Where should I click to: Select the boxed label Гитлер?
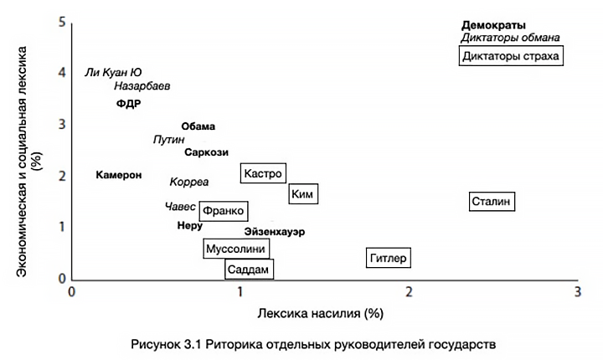(x=388, y=258)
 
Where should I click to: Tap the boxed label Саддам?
(x=249, y=270)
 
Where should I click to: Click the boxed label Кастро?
(x=262, y=173)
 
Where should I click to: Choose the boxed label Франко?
(x=224, y=211)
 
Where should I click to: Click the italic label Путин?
(x=169, y=140)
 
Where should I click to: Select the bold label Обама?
(x=198, y=126)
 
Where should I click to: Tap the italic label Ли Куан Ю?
(x=113, y=73)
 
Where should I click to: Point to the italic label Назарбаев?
(x=142, y=86)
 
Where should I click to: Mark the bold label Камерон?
(x=119, y=175)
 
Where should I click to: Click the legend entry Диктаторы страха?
(x=511, y=56)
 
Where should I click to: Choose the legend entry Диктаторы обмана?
(x=510, y=39)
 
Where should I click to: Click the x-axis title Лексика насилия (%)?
(x=325, y=314)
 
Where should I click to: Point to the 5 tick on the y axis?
(x=60, y=22)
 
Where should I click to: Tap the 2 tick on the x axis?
(x=410, y=292)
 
